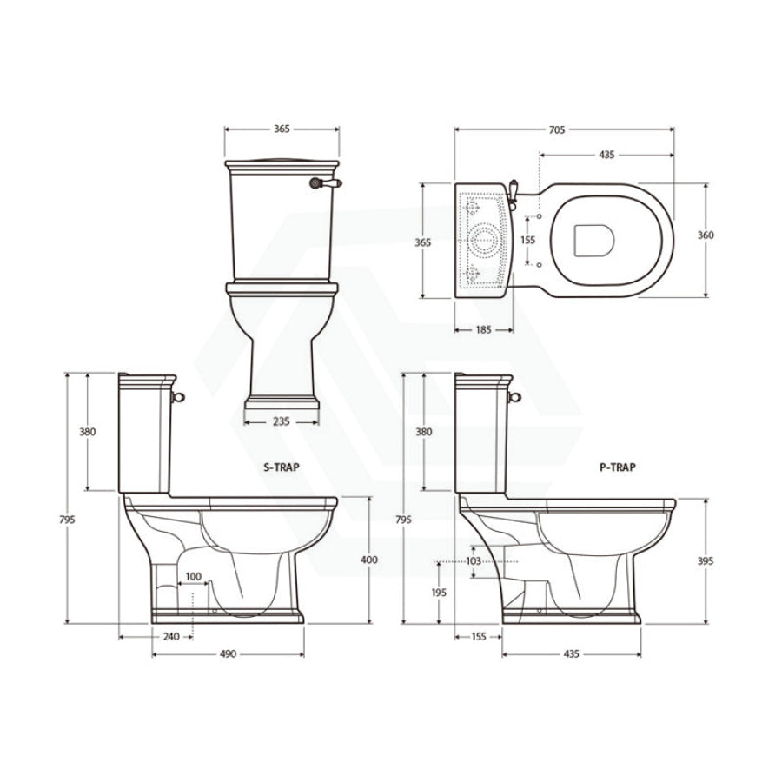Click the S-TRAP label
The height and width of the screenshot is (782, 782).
(282, 467)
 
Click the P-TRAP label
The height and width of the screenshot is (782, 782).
(618, 467)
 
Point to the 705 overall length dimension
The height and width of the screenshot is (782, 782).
(557, 129)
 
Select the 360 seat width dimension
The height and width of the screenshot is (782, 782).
(706, 235)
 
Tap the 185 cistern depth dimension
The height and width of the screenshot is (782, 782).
(484, 329)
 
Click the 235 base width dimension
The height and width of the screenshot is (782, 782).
(282, 422)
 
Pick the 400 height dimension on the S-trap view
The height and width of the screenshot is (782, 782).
(369, 560)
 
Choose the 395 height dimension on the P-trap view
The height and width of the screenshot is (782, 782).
(706, 561)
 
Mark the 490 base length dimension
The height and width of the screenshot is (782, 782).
(228, 653)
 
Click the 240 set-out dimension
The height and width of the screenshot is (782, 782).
(171, 637)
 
